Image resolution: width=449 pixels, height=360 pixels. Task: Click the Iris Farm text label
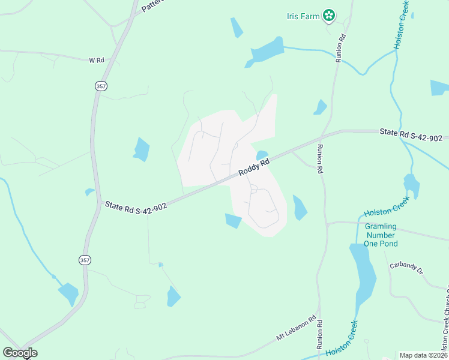303,16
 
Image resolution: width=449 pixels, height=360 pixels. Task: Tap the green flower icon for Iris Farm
328,16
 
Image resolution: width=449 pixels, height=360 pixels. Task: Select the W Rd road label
96,61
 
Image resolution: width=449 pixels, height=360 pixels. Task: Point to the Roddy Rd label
253,163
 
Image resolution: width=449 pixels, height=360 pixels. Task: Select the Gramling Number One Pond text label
381,235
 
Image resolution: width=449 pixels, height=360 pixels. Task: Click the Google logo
20,352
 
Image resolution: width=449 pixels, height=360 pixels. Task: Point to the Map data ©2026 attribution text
423,355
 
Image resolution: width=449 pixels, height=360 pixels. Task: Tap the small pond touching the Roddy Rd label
262,155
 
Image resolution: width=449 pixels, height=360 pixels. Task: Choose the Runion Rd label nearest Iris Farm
342,46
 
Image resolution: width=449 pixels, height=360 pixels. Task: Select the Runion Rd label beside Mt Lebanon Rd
320,336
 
